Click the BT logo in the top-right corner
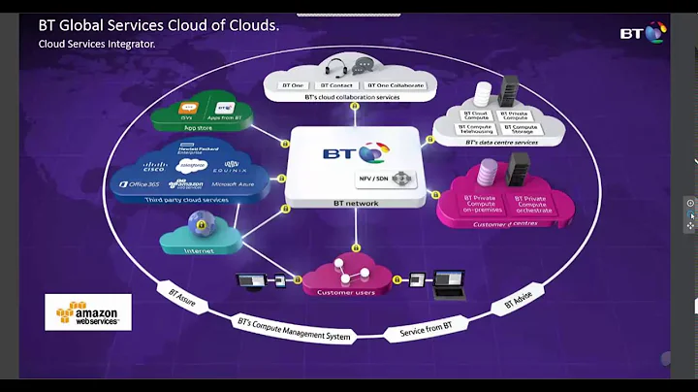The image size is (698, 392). (x=643, y=32)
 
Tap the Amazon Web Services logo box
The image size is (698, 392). (x=87, y=312)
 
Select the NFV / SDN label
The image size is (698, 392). (x=375, y=180)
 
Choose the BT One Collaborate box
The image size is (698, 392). (x=396, y=85)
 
